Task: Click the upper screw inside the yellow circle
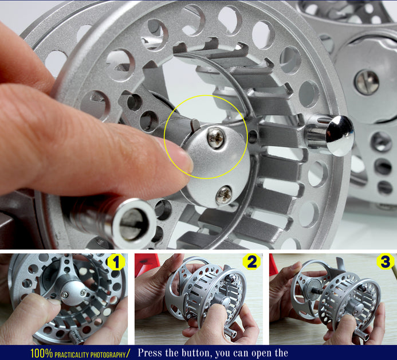tap(216, 138)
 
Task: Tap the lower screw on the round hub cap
tap(224, 195)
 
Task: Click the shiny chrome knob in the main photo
tap(339, 135)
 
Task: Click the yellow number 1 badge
tap(116, 262)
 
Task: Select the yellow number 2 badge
tap(251, 261)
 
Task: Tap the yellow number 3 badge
tap(386, 261)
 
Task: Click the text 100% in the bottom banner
tap(41, 353)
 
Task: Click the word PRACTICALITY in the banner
tap(72, 354)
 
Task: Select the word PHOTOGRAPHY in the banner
tap(108, 354)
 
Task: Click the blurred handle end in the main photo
tap(133, 223)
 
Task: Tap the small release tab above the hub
tap(195, 124)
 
